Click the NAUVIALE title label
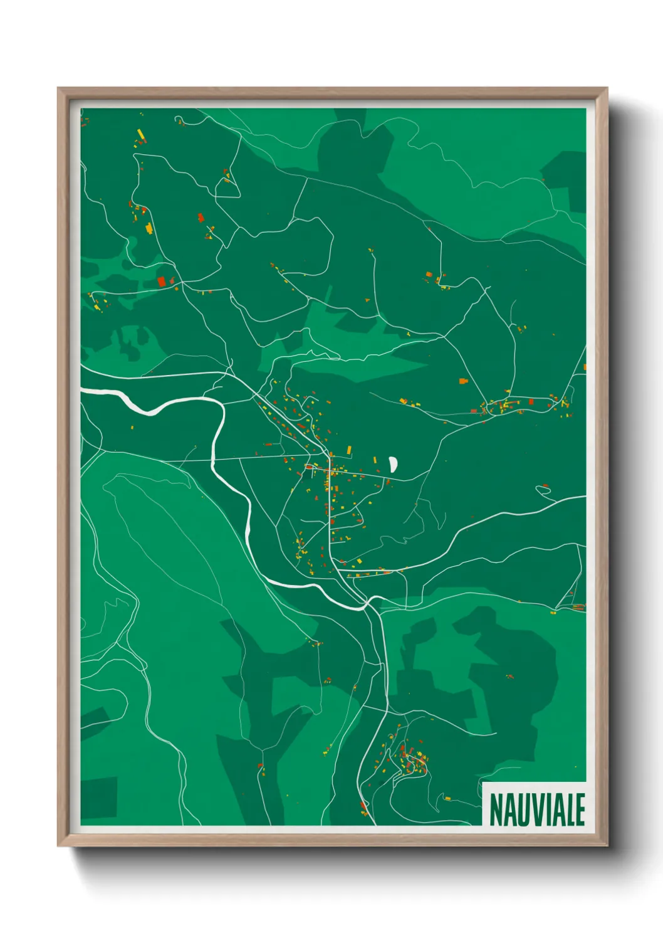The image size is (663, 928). pyautogui.click(x=536, y=809)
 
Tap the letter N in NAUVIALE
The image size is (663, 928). pyautogui.click(x=495, y=809)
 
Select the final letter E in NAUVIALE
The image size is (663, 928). pyautogui.click(x=580, y=809)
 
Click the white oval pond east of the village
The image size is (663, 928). pyautogui.click(x=393, y=464)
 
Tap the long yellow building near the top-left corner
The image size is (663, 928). pyautogui.click(x=141, y=134)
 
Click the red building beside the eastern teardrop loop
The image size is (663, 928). pyautogui.click(x=546, y=485)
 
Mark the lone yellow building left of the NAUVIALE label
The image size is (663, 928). pyautogui.click(x=447, y=798)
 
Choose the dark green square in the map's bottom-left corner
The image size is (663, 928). pyautogui.click(x=99, y=798)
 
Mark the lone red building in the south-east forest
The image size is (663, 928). pyautogui.click(x=509, y=676)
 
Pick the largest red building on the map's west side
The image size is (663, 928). pyautogui.click(x=162, y=282)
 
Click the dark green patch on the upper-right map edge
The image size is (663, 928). pyautogui.click(x=567, y=169)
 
